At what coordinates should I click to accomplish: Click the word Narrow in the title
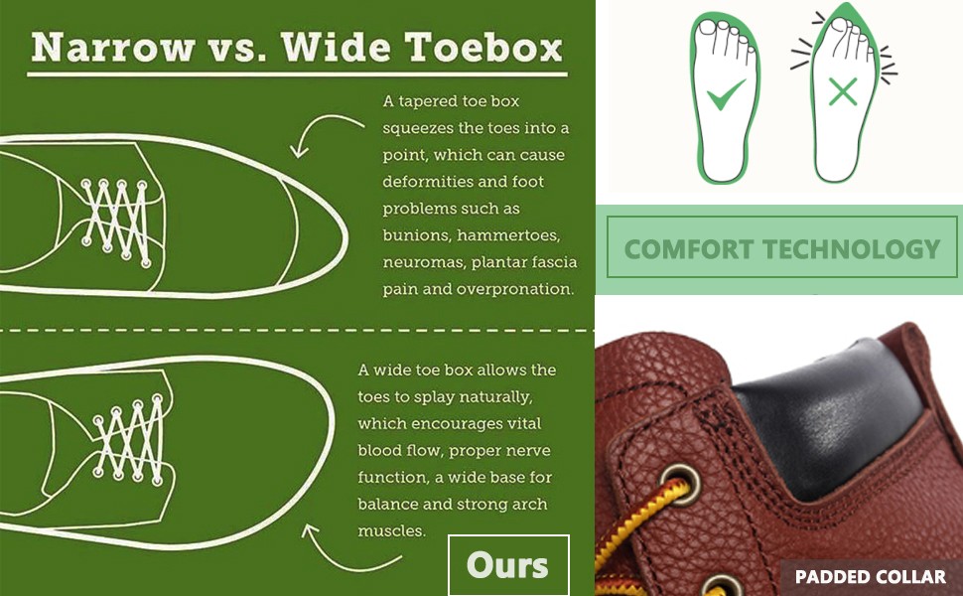point(113,48)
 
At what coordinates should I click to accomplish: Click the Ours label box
point(508,565)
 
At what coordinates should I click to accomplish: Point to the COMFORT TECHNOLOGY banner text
point(782,249)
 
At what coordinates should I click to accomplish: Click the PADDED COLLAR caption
point(871,577)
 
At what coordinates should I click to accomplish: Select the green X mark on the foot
point(843,92)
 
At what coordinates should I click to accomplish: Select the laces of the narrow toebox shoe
point(117,223)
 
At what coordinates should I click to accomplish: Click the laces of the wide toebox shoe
point(130,439)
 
